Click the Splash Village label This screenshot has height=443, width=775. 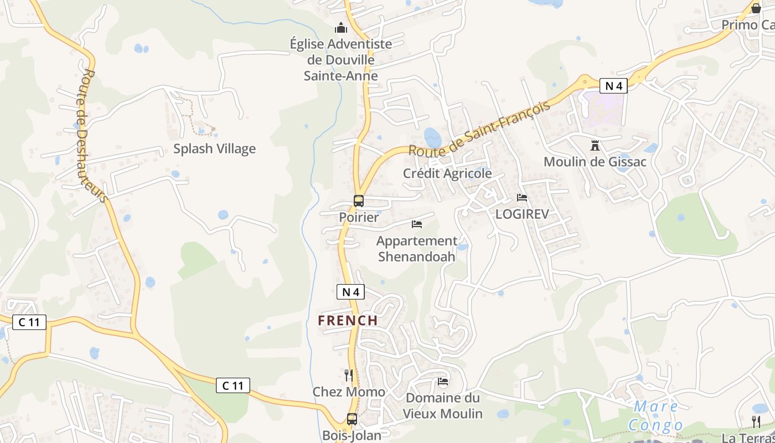pos(214,148)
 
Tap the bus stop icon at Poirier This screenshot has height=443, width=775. pos(359,201)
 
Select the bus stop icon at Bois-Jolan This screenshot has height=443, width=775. pos(352,419)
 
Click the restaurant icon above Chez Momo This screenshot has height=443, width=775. pos(348,375)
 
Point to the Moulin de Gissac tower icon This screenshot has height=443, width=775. pos(595,146)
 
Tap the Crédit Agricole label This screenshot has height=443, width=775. pos(447,173)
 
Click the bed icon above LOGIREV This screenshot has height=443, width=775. pos(521,197)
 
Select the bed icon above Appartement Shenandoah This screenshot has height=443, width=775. pos(417,224)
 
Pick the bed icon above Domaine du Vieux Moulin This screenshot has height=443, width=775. pos(442,382)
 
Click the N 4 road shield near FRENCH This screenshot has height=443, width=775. pos(350,292)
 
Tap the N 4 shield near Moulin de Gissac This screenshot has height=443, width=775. pos(613,86)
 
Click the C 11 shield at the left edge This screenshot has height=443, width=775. pos(29,322)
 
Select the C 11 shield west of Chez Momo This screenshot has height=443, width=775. pos(232,385)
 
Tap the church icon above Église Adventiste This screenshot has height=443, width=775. pos(341,28)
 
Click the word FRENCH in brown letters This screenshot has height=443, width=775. pos(348,321)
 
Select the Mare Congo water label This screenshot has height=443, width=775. pos(655,416)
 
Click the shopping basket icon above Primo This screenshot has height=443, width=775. pos(756,8)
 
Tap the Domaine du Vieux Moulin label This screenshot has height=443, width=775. pos(442,406)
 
